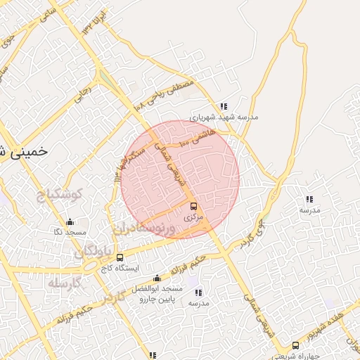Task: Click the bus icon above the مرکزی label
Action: pyautogui.click(x=193, y=206)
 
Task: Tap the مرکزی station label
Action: pyautogui.click(x=193, y=218)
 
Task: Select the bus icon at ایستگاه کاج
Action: pyautogui.click(x=120, y=257)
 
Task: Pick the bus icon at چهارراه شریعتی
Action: pyautogui.click(x=296, y=346)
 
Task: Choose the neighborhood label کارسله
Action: pyautogui.click(x=65, y=283)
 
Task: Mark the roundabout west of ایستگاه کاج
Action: pyautogui.click(x=90, y=266)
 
